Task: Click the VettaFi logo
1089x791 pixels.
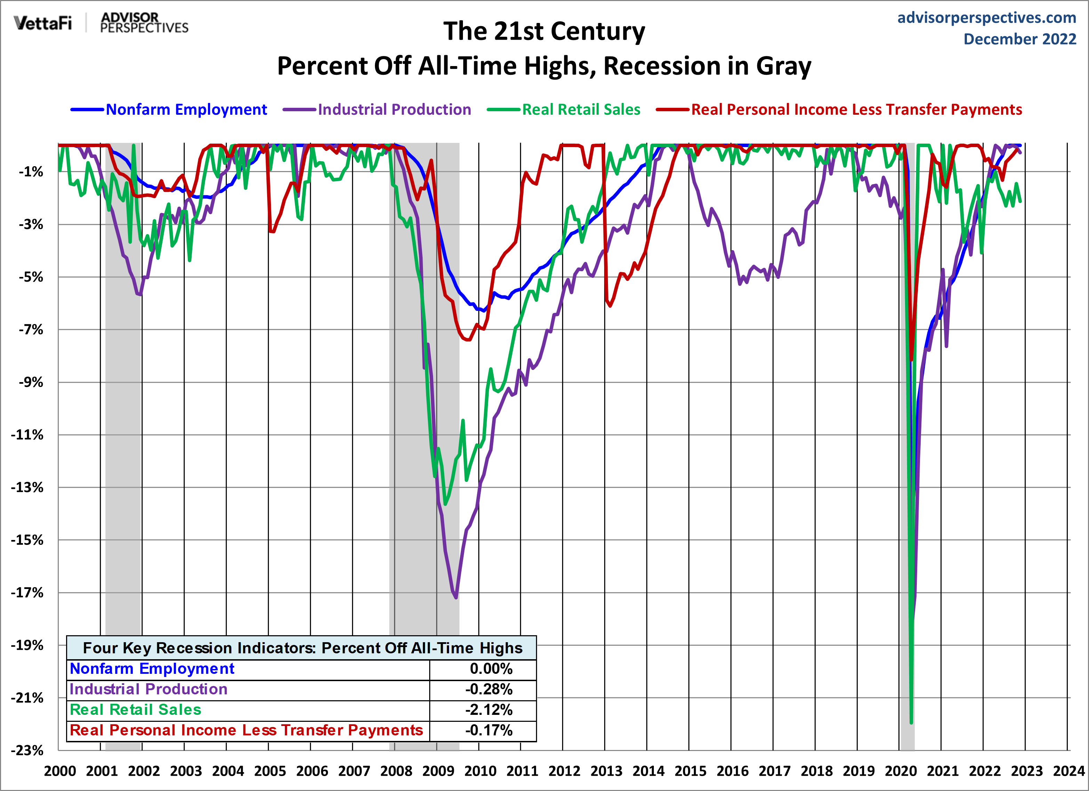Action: pyautogui.click(x=43, y=23)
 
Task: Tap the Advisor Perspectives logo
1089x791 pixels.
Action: pyautogui.click(x=144, y=23)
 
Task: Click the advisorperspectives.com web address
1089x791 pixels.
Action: pyautogui.click(x=986, y=17)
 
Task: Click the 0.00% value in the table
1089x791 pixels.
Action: pyautogui.click(x=491, y=669)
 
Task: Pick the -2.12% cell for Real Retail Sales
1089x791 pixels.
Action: pyautogui.click(x=488, y=709)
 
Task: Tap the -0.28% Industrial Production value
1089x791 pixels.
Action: pyautogui.click(x=488, y=689)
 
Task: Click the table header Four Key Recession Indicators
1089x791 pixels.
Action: pyautogui.click(x=302, y=648)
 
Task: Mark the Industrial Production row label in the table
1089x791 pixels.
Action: pyautogui.click(x=149, y=689)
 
